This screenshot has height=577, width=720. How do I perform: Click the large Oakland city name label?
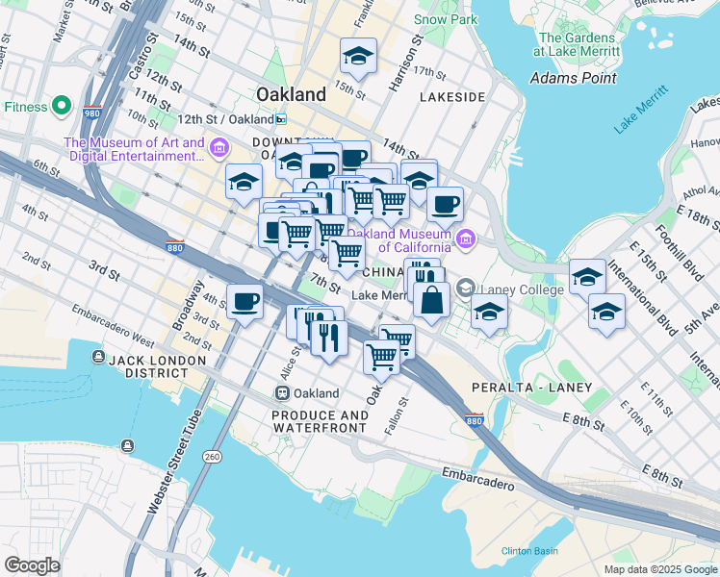292,94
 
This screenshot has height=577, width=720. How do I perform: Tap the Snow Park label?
445,19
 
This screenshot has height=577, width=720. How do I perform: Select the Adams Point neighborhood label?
572,78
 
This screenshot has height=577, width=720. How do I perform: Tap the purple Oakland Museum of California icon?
466,238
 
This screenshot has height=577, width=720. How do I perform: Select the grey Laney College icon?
466,288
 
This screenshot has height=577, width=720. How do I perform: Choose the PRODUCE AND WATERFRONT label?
320,422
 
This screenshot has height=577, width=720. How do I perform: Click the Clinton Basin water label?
528,551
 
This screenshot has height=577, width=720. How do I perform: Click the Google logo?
33,565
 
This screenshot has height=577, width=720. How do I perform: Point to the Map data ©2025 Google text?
659,569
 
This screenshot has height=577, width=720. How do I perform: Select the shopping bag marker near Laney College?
432,299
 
